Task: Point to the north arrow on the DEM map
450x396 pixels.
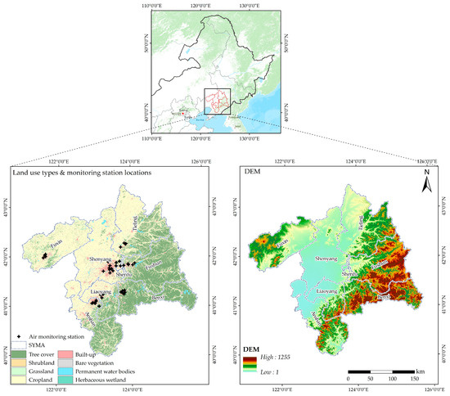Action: tap(425, 185)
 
